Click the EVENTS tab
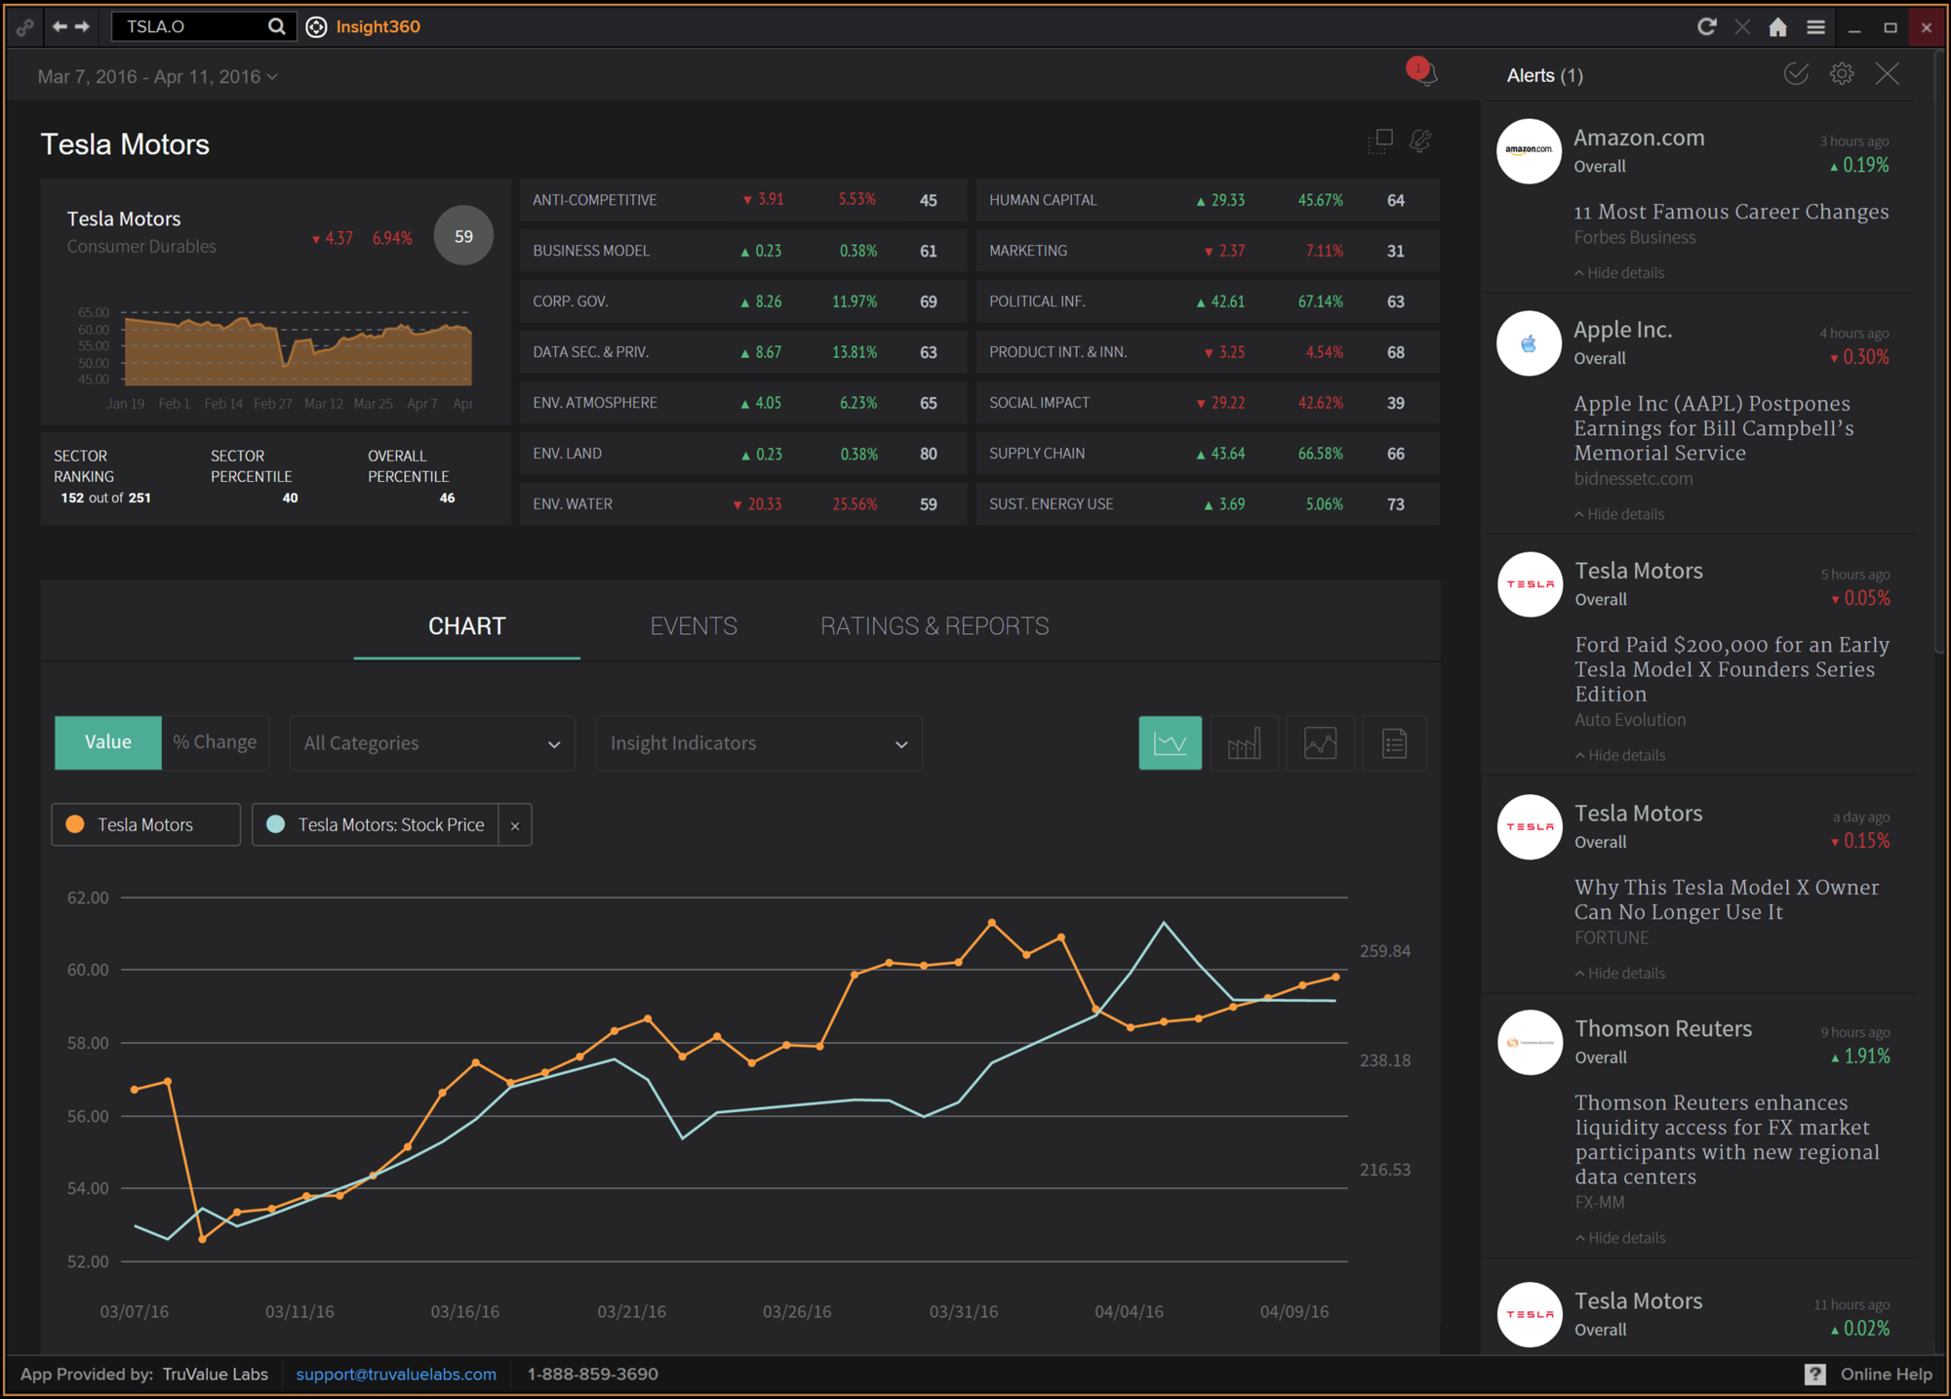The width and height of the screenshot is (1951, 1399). (x=694, y=626)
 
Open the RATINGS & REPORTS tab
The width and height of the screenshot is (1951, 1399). (x=935, y=626)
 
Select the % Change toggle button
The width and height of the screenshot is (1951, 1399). (x=215, y=742)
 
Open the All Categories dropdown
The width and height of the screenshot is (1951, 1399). (x=432, y=743)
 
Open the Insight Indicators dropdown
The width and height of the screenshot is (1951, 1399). (x=759, y=743)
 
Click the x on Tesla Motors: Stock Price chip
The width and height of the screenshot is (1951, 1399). (x=515, y=825)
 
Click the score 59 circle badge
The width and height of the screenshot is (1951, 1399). (x=463, y=236)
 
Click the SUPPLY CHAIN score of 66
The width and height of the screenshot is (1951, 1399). (x=1396, y=454)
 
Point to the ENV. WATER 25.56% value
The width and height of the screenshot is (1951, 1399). (x=855, y=504)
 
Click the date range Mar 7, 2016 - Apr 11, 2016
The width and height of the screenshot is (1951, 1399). (x=156, y=77)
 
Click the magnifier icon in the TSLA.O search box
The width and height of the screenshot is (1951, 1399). (x=277, y=26)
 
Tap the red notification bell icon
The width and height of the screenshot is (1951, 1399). (x=1422, y=72)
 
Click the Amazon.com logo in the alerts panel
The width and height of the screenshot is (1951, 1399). (x=1529, y=150)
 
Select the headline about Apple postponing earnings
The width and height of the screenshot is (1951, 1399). (x=1714, y=428)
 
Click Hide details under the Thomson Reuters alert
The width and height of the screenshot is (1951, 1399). (x=1626, y=1238)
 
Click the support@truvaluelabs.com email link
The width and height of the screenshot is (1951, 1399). (x=396, y=1375)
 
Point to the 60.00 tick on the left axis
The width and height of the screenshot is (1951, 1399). (x=88, y=970)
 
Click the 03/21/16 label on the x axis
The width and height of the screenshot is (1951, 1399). (x=631, y=1312)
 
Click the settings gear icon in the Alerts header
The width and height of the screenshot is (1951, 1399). (x=1842, y=74)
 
